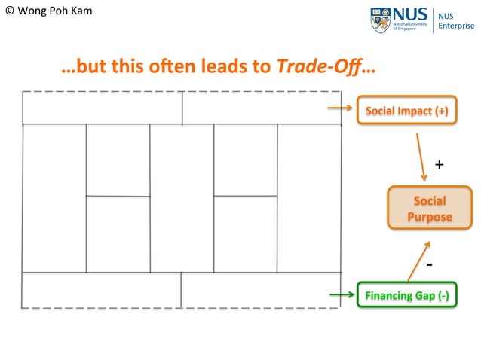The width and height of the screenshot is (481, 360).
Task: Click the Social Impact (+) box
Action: point(406,111)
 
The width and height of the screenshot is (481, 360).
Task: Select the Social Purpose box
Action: point(429,208)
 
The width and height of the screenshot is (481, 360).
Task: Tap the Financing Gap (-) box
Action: point(406,295)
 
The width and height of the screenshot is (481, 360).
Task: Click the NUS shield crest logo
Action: point(381,20)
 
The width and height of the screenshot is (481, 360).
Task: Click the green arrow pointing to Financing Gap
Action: point(341,295)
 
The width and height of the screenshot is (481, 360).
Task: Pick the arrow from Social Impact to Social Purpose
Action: point(422,157)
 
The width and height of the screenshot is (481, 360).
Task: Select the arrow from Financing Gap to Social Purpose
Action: point(420,261)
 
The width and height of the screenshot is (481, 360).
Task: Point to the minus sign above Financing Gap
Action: point(430,265)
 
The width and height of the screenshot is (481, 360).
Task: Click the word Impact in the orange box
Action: point(414,111)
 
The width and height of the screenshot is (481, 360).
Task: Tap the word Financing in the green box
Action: point(389,295)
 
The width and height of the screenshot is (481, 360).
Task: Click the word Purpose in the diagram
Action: point(429,217)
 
